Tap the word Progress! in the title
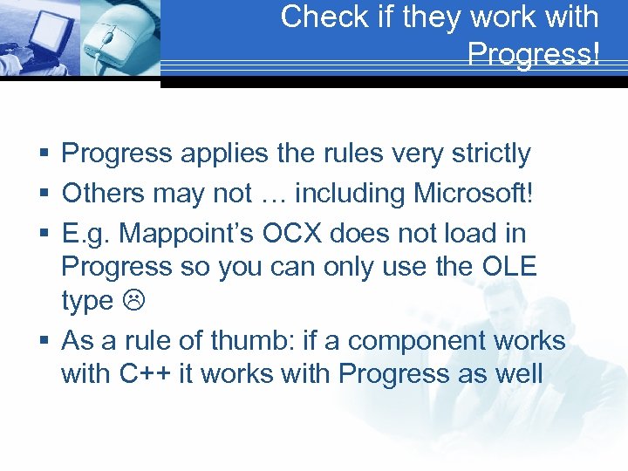click(533, 54)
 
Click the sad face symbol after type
click(130, 302)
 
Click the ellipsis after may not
click(264, 193)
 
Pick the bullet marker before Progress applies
click(44, 154)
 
